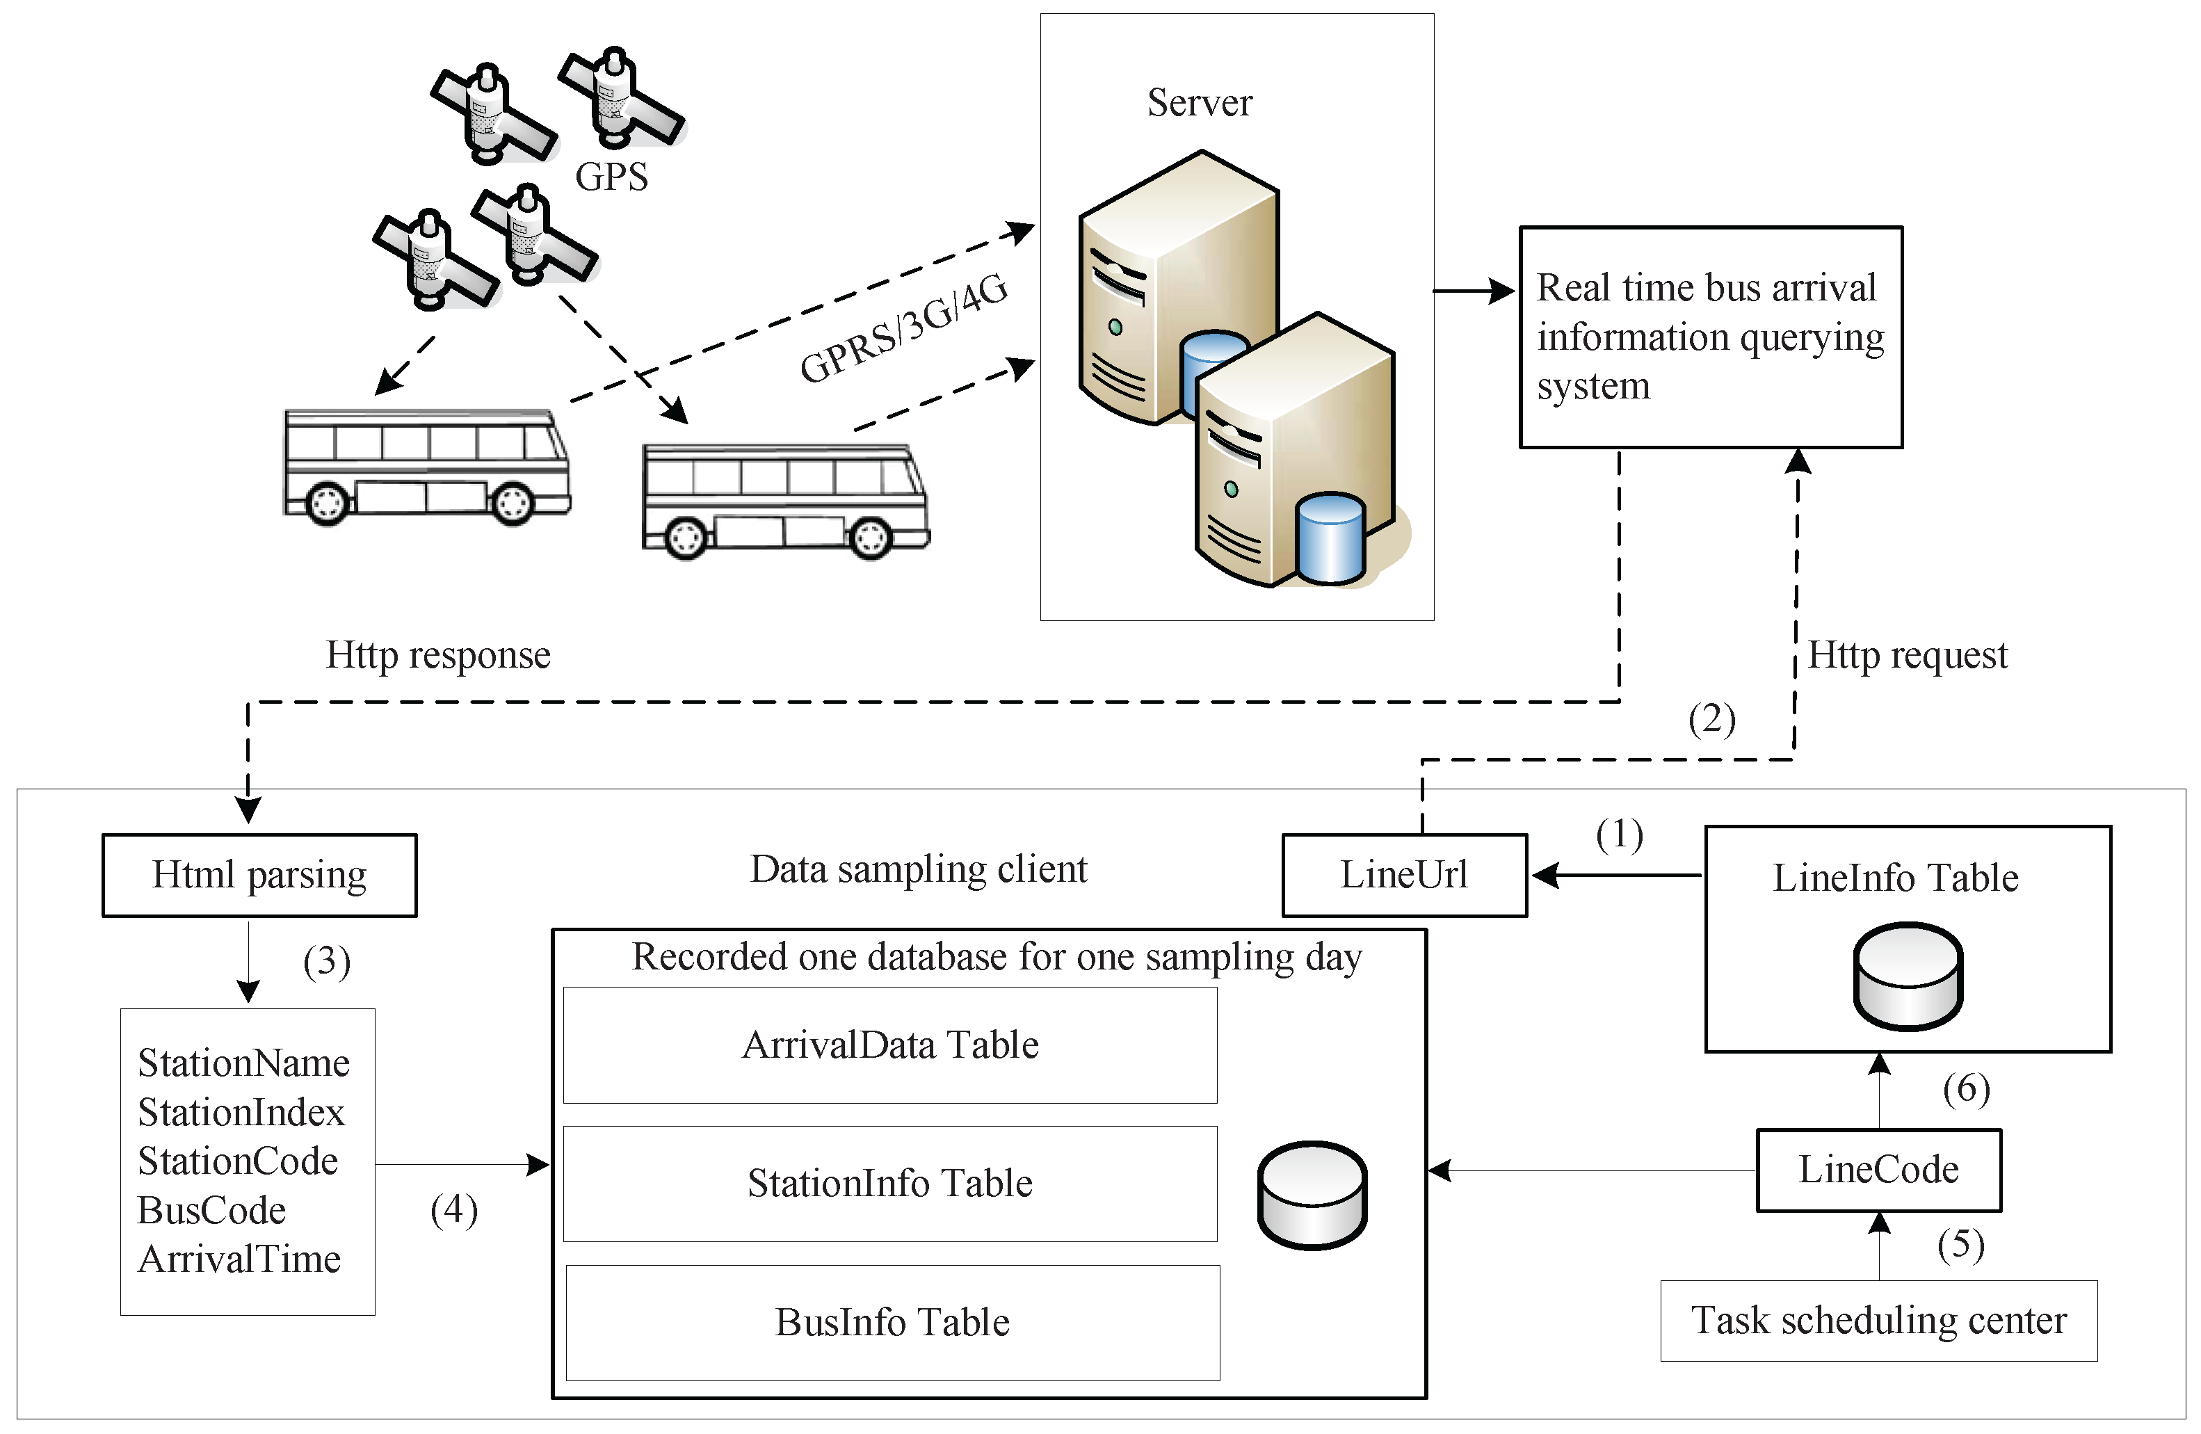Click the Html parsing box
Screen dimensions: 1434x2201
(x=259, y=875)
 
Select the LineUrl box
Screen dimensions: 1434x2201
(x=1404, y=875)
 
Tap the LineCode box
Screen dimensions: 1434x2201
(x=1878, y=1170)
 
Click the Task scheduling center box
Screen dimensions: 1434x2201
(x=1878, y=1320)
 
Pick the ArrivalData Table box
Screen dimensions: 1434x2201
(x=889, y=1045)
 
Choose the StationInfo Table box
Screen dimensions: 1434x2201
(x=889, y=1184)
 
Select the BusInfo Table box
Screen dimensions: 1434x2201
(x=892, y=1322)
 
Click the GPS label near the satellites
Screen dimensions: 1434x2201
(x=611, y=177)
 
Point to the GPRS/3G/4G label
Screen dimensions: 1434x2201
(x=903, y=329)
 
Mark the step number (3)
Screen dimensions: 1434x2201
(x=326, y=962)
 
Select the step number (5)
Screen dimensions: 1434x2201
(x=1960, y=1244)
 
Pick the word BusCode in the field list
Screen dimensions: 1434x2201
(x=212, y=1210)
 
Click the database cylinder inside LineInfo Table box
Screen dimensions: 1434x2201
(x=1908, y=976)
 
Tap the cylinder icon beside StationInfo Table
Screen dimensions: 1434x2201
(x=1312, y=1195)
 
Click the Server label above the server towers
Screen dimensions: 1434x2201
(x=1200, y=103)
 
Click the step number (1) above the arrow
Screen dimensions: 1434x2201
(x=1620, y=835)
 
